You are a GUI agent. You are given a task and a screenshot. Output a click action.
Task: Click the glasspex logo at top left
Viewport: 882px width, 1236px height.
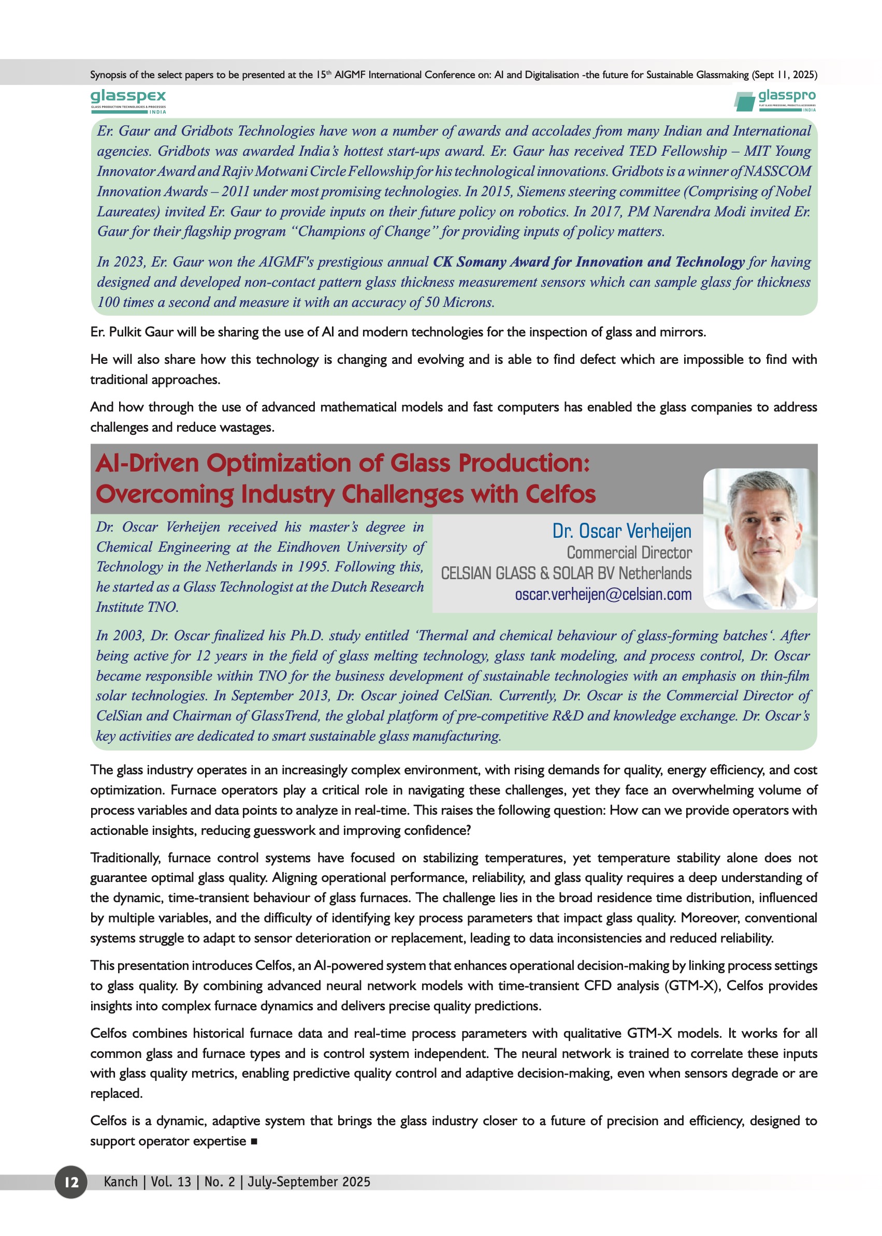coord(128,101)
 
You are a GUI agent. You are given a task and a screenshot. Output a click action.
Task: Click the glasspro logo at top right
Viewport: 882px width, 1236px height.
coord(775,101)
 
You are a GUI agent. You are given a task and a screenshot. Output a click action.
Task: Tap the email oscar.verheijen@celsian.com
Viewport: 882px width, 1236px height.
coord(603,594)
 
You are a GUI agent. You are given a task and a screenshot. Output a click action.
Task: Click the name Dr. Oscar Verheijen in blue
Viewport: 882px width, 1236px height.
coord(621,531)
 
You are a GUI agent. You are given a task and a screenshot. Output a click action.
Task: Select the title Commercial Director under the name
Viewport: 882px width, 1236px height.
coord(629,553)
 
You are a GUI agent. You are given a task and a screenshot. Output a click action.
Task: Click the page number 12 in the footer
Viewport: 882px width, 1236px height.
coord(71,1182)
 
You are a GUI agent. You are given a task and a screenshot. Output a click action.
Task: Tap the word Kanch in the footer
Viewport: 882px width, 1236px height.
coord(121,1182)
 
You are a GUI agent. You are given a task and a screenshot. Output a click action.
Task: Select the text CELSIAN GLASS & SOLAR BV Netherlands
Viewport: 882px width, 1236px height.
coord(566,573)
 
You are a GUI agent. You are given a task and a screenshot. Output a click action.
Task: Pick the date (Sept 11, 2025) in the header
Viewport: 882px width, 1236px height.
coord(784,75)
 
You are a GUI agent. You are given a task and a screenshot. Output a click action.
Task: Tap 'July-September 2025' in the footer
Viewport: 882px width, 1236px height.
coord(309,1182)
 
